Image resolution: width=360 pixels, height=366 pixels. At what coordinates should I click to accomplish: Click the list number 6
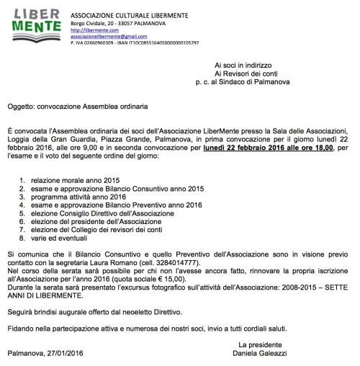coord(24,223)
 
